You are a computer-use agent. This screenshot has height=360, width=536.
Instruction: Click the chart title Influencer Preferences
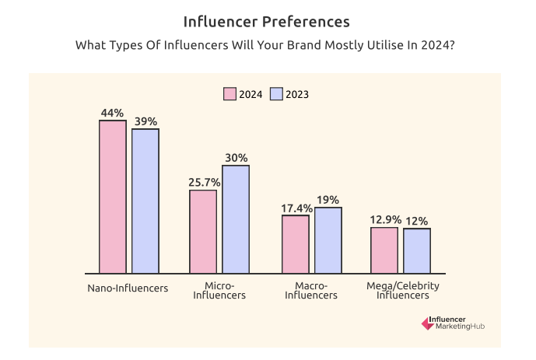(x=266, y=20)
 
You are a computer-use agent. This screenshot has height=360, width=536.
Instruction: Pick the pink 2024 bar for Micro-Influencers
(x=203, y=231)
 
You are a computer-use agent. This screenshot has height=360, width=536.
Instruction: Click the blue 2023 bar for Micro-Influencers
(x=236, y=218)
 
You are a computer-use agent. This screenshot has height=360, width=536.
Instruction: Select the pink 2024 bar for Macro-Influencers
(x=296, y=244)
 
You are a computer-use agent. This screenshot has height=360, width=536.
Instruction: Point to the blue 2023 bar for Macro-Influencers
(x=328, y=240)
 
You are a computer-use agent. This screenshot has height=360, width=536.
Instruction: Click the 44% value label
(x=112, y=113)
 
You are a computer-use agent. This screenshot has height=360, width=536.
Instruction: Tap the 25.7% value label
(x=204, y=182)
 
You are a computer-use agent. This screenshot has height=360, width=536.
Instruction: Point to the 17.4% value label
(x=296, y=208)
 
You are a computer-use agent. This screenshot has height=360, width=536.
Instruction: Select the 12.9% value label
(x=384, y=220)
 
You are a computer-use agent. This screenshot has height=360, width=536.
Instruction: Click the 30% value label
(x=236, y=157)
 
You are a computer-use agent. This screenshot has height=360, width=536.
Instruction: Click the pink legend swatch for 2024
(x=229, y=94)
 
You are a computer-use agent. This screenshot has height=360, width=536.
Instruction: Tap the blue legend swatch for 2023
(x=275, y=94)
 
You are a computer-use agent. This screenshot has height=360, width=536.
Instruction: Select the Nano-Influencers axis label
(x=128, y=288)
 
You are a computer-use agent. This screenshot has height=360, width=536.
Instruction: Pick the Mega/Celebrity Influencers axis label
(x=403, y=291)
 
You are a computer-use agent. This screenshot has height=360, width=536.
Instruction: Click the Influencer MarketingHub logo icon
(x=427, y=323)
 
